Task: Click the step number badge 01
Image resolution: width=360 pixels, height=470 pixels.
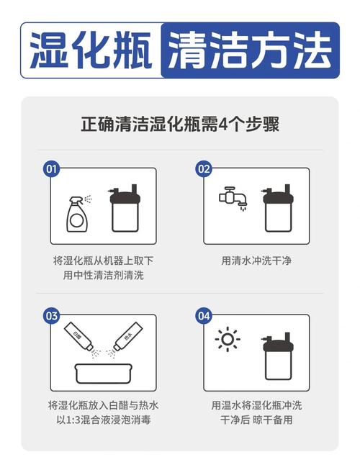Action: click(x=52, y=169)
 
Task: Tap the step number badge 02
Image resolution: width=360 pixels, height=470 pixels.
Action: click(x=204, y=169)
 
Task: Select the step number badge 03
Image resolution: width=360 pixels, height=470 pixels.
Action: click(x=52, y=316)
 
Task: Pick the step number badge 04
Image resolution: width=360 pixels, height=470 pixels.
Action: click(x=204, y=316)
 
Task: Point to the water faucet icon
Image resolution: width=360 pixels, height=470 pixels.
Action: click(x=233, y=198)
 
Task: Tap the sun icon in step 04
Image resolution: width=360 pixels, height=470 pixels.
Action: click(x=228, y=339)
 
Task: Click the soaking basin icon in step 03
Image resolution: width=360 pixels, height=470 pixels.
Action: click(x=104, y=374)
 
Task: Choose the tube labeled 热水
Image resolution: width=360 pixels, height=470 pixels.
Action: click(x=127, y=335)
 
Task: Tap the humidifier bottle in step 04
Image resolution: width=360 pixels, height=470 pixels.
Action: click(x=278, y=356)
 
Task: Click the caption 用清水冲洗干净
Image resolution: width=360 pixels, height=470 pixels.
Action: click(x=256, y=261)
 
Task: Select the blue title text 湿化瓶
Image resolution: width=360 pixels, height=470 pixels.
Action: click(x=91, y=50)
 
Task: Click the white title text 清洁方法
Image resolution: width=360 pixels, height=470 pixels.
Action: click(x=250, y=50)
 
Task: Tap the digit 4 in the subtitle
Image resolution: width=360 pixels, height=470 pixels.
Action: click(x=223, y=124)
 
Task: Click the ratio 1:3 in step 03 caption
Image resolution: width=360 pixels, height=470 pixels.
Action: click(x=73, y=420)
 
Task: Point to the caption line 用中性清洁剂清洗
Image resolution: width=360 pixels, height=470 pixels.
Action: click(x=104, y=275)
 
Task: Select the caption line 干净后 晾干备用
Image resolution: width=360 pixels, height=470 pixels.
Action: click(x=256, y=420)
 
